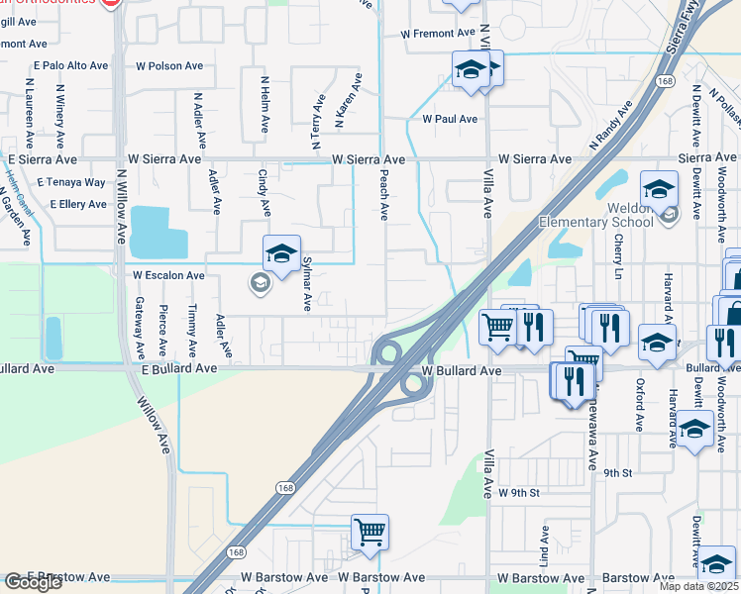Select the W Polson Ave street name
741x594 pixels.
169,65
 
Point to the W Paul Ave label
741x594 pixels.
450,119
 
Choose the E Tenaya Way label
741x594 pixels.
71,182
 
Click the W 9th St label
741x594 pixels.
518,492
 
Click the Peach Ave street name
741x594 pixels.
384,192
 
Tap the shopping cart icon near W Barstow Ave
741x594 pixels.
370,533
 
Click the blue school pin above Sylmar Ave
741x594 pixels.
281,254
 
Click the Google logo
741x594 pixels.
34,583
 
